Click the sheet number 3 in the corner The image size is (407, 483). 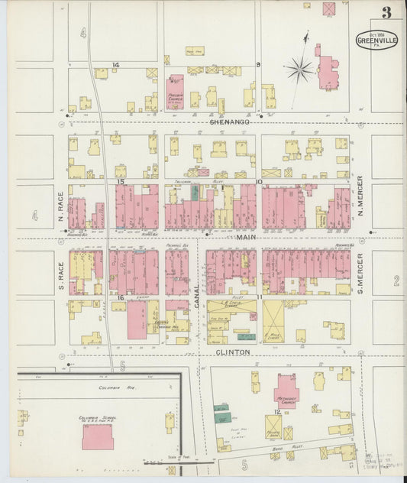[387, 12]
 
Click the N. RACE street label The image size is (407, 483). [60, 203]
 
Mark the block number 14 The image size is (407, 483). [115, 65]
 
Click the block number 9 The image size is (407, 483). [258, 65]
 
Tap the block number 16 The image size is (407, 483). [121, 297]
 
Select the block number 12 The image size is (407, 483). [276, 413]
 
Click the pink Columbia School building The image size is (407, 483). [98, 437]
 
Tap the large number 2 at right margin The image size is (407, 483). [396, 281]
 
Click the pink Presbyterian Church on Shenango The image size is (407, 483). [176, 90]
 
